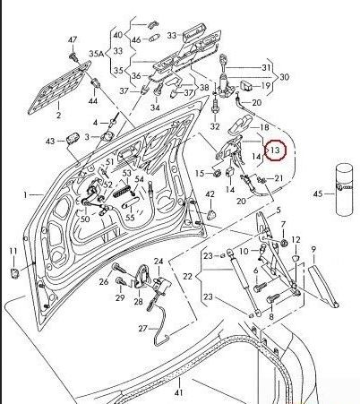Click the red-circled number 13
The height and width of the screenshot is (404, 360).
pos(277,150)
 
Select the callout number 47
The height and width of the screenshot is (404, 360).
pos(73,39)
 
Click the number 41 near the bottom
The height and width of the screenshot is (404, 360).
pos(178,393)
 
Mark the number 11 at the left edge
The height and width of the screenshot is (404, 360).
pos(13,250)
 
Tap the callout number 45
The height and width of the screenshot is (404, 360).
pos(317,194)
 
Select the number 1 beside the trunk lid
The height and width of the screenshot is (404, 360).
pos(27,193)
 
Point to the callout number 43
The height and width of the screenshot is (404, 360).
pos(50,142)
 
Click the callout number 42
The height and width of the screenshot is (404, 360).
pos(210,194)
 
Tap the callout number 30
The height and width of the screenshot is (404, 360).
pos(284,77)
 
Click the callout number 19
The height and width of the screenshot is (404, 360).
pos(266,86)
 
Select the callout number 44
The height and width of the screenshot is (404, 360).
pos(94,101)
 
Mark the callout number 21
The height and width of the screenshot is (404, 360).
pos(278,179)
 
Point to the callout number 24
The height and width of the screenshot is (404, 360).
pos(159,262)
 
